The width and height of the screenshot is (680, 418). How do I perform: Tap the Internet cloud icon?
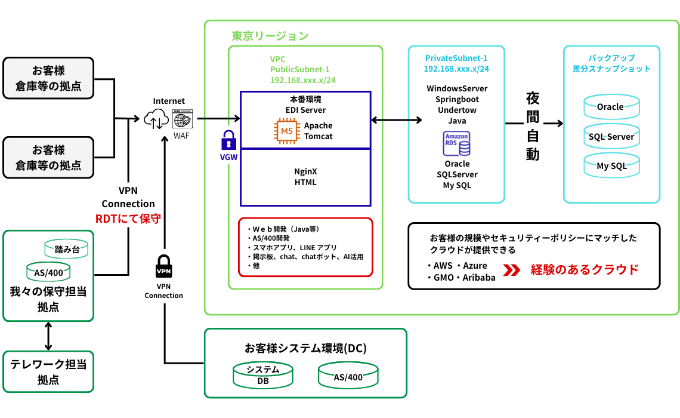click(156, 119)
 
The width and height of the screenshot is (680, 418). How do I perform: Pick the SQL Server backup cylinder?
click(611, 137)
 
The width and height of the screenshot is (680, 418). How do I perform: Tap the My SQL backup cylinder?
click(611, 166)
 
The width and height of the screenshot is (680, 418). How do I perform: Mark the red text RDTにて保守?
click(128, 219)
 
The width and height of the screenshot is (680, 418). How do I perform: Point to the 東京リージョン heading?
click(270, 36)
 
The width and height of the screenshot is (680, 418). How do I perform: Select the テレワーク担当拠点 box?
click(48, 371)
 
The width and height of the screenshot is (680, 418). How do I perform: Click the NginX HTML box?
click(305, 177)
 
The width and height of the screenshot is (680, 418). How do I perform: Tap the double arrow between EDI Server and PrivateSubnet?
click(396, 120)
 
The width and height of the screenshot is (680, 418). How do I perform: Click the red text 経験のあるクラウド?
click(585, 269)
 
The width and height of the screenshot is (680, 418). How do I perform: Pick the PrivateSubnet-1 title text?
click(456, 58)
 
